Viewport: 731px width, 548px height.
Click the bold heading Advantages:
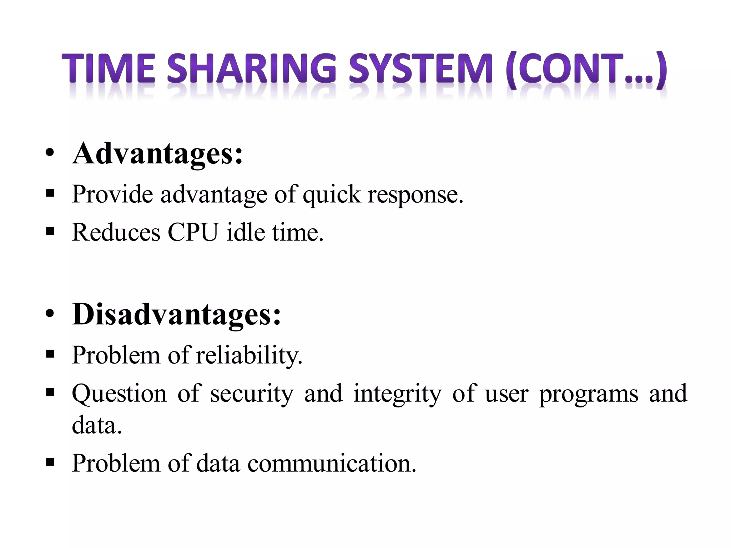click(157, 154)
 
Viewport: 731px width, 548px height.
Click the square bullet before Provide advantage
click(50, 194)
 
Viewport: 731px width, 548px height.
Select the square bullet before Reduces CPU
click(50, 232)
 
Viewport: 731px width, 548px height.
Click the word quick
click(332, 195)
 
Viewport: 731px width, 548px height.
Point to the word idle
click(246, 232)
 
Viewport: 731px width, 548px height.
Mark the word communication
click(332, 463)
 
